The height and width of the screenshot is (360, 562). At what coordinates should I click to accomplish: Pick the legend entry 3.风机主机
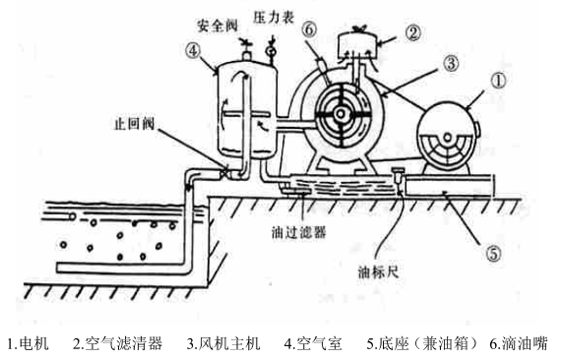point(223,343)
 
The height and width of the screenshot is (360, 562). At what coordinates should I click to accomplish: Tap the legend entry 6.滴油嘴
point(519,343)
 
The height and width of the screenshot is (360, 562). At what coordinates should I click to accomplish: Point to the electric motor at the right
point(449,142)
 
